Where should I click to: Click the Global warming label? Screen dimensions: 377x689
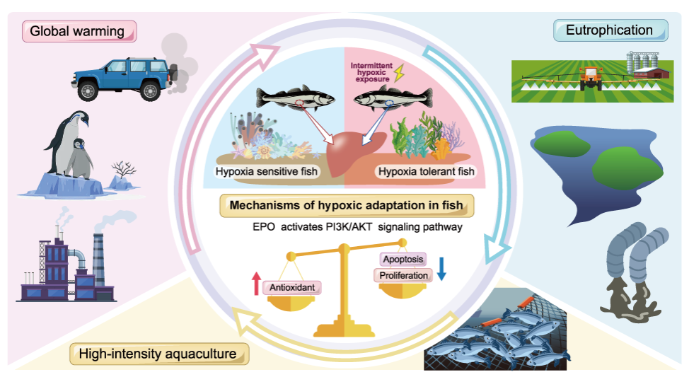(78, 31)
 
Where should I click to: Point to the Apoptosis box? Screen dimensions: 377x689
(403, 260)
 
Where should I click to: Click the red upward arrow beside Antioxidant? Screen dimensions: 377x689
(255, 284)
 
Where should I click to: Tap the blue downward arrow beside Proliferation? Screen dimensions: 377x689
(441, 267)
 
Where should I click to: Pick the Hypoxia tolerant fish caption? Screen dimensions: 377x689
(426, 172)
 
